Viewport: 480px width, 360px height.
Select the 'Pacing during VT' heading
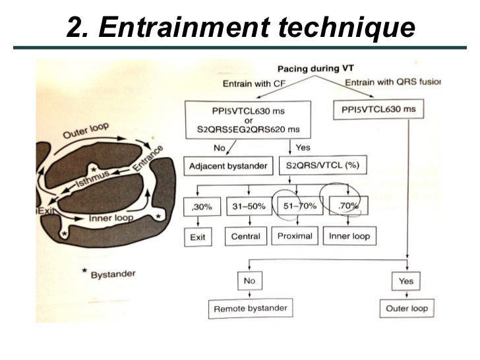pyautogui.click(x=310, y=68)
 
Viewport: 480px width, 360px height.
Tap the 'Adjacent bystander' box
pyautogui.click(x=228, y=165)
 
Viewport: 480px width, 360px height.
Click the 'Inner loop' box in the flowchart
pyautogui.click(x=347, y=235)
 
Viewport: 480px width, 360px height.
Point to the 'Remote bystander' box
pyautogui.click(x=251, y=308)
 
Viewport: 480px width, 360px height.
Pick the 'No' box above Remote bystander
pyautogui.click(x=249, y=280)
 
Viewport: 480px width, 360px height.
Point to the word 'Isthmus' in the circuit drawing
pyautogui.click(x=88, y=177)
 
